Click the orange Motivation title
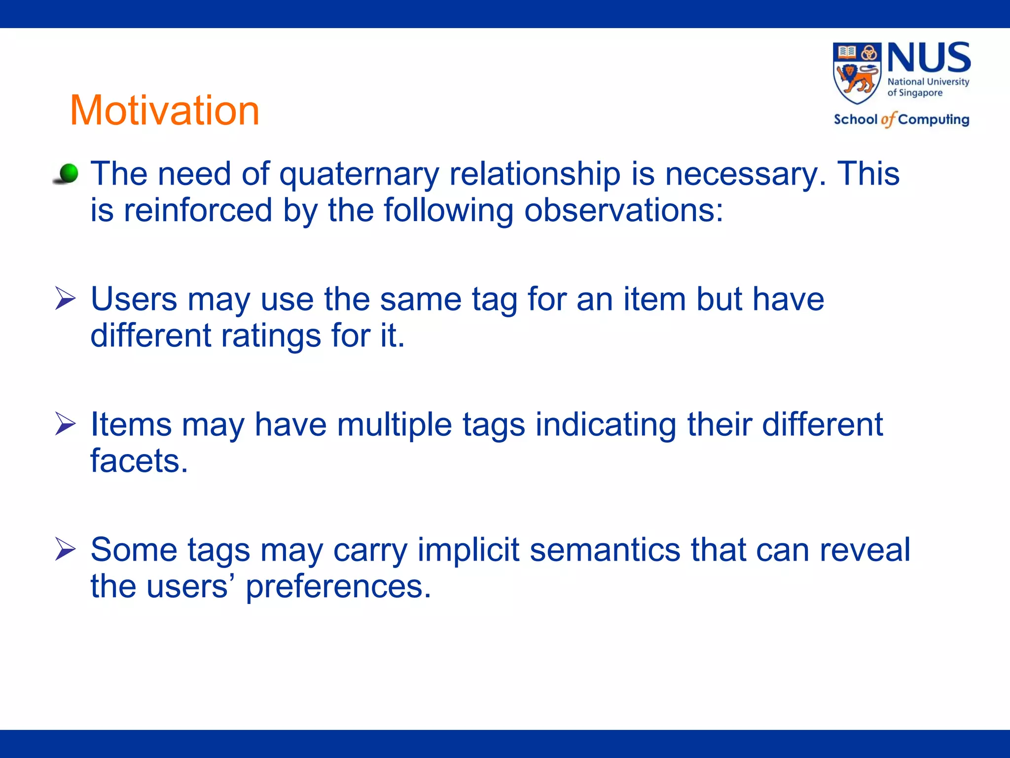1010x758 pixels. (164, 110)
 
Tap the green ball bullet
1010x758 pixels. (68, 173)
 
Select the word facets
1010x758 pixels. (139, 461)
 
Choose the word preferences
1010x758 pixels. (338, 587)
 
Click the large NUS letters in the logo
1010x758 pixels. (929, 58)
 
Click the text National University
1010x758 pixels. (928, 81)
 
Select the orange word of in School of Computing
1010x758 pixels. (888, 119)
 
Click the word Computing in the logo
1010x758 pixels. (934, 119)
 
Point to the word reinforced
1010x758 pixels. (198, 211)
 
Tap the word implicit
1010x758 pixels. (468, 550)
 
